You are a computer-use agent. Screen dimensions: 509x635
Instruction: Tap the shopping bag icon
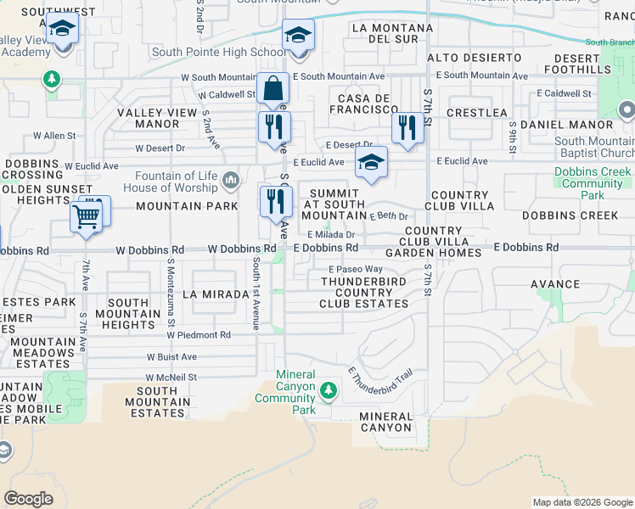tap(273, 88)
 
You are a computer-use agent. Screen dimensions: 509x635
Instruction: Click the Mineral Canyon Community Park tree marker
tap(328, 390)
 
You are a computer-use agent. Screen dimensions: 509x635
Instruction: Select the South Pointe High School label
tap(219, 52)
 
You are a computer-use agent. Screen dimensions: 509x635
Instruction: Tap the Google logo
tap(28, 499)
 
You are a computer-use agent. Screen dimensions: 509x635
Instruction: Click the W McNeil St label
tap(171, 377)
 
